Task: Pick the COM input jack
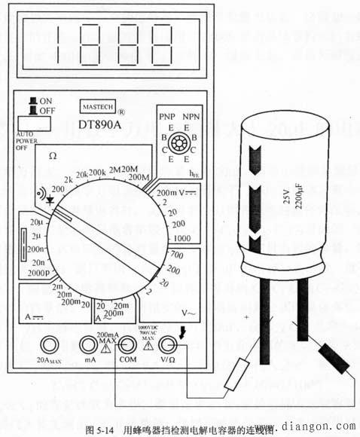[x=128, y=345]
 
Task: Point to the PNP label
[x=167, y=118]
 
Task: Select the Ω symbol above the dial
[x=53, y=155]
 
